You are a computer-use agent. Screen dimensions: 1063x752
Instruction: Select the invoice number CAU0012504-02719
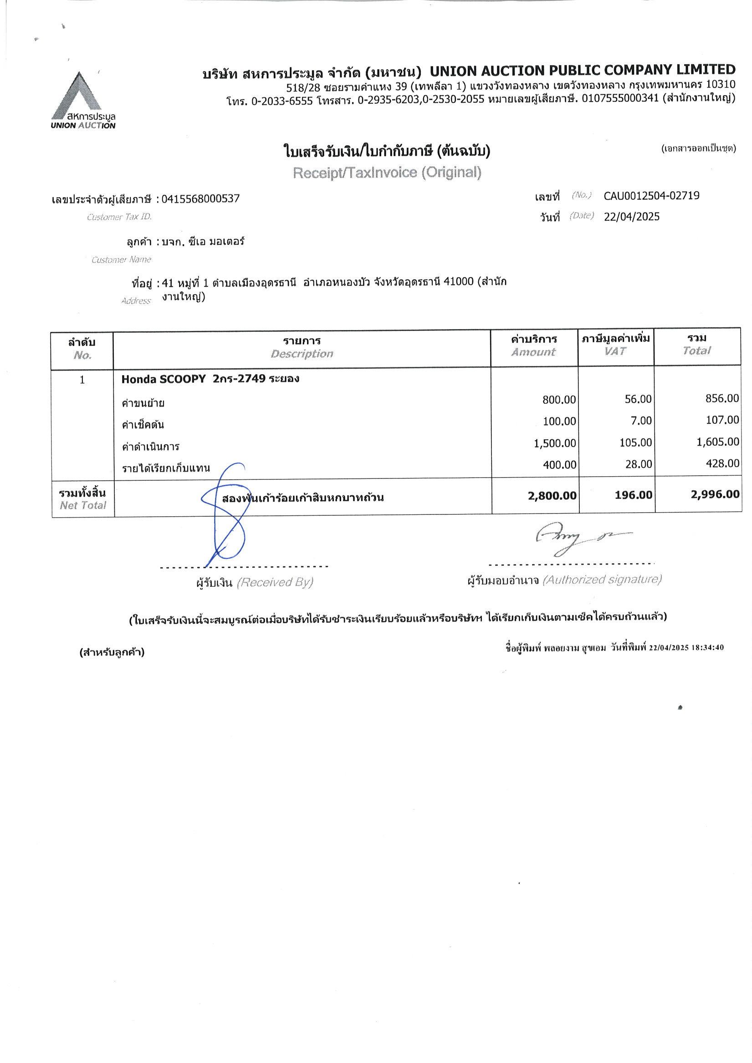pos(651,196)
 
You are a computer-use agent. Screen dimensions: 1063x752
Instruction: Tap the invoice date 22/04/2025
pos(632,217)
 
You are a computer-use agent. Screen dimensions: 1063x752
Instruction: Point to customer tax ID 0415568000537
pos(200,199)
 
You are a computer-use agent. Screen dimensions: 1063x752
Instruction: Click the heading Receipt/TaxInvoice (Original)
pos(387,173)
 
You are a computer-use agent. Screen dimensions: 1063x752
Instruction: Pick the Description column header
pos(302,354)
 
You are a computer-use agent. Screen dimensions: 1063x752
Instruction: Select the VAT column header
pos(615,351)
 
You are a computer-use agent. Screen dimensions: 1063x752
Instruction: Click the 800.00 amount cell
pos(559,400)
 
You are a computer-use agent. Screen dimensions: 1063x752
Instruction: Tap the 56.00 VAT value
pos(638,399)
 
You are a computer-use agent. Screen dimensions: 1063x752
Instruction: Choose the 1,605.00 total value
pos(717,442)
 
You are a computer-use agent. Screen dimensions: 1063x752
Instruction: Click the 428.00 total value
pos(722,463)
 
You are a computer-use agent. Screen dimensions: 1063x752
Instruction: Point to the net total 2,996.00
pos(715,494)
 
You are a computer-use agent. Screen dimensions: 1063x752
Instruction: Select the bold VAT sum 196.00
pos(634,495)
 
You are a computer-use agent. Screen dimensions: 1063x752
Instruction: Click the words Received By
pos(275,582)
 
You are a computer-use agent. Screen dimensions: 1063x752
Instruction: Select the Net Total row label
pos(82,498)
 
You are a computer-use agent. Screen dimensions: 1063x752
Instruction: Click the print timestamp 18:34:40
pos(707,648)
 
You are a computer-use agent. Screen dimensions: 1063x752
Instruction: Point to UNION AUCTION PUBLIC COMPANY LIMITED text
pos(583,71)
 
